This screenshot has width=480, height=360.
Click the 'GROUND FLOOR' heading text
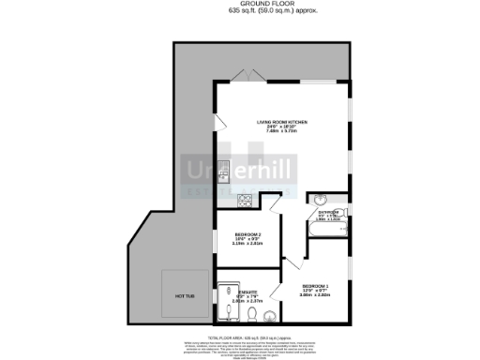click(240, 5)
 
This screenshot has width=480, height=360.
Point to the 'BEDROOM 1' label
click(315, 285)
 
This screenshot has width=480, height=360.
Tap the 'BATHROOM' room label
click(326, 212)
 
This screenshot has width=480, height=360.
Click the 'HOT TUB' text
click(184, 296)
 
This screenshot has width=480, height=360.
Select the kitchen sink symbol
click(224, 172)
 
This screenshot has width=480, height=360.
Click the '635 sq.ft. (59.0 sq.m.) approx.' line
click(240, 11)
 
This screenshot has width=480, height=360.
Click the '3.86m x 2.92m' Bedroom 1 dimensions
click(315, 294)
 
